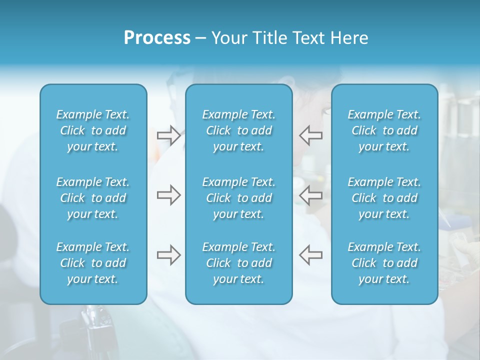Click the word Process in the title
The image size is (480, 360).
157,38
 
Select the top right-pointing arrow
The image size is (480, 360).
168,135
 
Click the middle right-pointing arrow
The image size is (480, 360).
168,195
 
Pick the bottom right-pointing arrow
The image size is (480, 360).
168,255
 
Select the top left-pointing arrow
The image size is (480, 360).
311,135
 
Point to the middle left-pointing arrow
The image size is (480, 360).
311,195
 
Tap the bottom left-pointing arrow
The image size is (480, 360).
311,255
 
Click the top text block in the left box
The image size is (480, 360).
93,130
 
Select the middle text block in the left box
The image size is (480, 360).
93,198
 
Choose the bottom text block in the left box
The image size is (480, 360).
93,263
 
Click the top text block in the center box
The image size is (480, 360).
238,130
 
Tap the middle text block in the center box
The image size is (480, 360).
238,198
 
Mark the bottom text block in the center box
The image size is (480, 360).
238,263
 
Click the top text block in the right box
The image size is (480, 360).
384,130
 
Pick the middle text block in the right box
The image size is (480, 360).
384,198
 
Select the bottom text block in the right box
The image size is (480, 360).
384,263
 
